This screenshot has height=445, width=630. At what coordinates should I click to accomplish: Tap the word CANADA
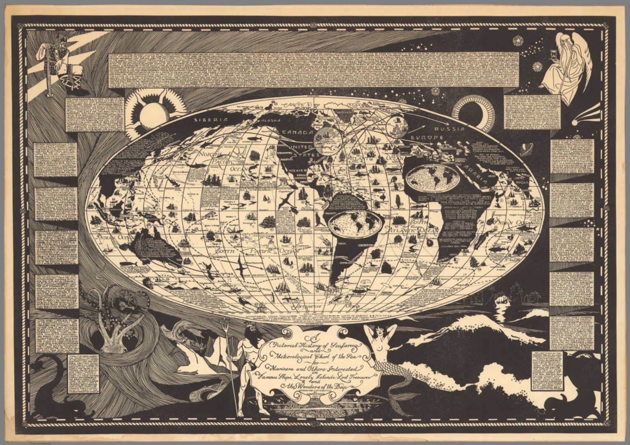(x=297, y=133)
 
